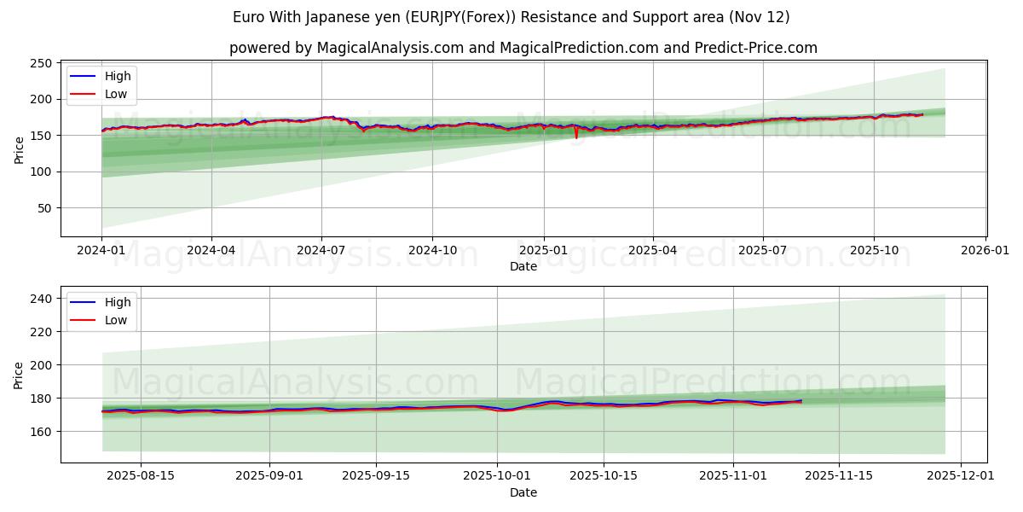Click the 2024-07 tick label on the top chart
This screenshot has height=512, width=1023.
[x=321, y=251]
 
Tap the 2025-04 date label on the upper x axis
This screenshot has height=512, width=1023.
[x=653, y=251]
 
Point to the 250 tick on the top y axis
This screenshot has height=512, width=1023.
[x=40, y=63]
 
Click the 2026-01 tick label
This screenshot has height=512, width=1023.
[x=985, y=251]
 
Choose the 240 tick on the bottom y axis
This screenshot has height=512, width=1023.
[x=40, y=299]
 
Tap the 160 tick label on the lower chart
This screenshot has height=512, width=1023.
[x=40, y=432]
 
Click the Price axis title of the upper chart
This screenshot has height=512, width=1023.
[x=19, y=148]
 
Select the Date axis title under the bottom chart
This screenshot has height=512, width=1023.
[x=523, y=492]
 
